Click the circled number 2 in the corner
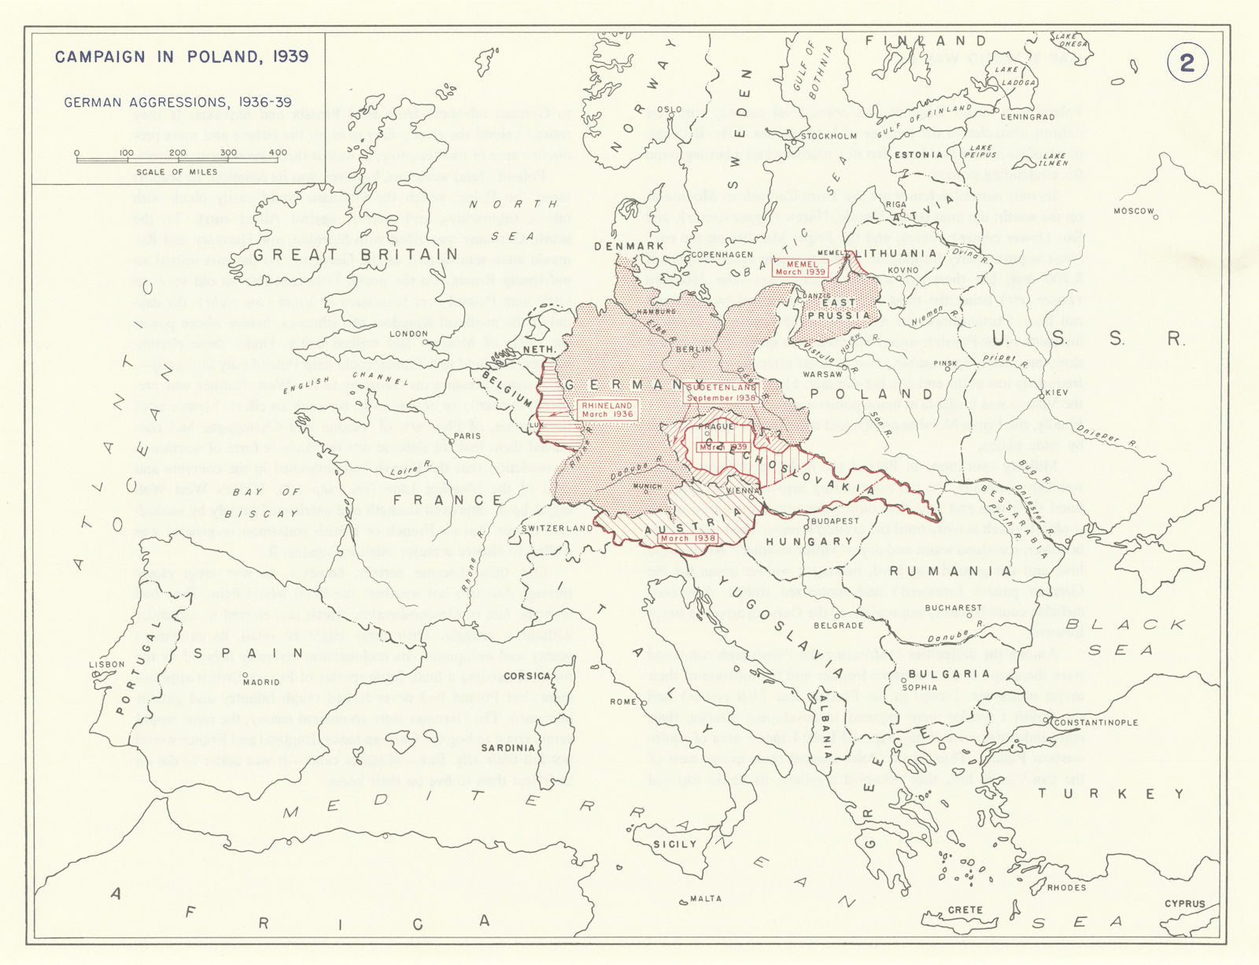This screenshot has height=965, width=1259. [1187, 62]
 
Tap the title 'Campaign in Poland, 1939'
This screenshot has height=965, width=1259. [182, 57]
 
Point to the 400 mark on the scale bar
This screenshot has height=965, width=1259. [277, 153]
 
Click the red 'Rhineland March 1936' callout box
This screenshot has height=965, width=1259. [607, 410]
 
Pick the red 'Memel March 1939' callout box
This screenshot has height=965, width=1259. [800, 267]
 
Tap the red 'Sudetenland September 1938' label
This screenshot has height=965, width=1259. [722, 392]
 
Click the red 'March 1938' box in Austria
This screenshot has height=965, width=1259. [688, 539]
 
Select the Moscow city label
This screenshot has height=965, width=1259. [1133, 212]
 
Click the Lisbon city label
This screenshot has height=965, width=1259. [106, 664]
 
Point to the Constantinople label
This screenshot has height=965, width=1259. [1095, 722]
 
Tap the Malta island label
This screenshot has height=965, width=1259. [705, 898]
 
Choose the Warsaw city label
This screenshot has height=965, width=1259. [822, 374]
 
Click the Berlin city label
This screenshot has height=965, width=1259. [693, 348]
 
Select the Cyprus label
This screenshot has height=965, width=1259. [1184, 904]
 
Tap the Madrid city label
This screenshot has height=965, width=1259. [261, 683]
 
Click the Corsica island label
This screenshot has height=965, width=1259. [526, 676]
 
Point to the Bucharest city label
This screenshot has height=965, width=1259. [954, 608]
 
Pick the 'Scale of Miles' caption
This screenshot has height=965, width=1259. [176, 171]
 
